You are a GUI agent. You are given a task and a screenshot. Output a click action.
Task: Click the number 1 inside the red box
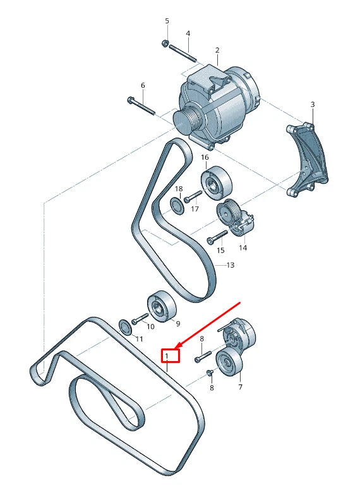[x=167, y=356]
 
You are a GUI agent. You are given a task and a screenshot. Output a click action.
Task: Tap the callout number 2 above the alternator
[x=217, y=50]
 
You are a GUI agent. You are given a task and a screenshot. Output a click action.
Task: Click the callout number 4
[x=188, y=33]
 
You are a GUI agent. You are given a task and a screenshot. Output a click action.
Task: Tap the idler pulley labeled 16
[x=216, y=181]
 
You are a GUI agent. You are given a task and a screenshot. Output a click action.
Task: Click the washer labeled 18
[x=177, y=205]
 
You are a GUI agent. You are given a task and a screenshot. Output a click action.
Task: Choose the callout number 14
[x=243, y=248]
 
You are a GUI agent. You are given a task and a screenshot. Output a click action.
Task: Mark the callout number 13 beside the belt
[x=230, y=265]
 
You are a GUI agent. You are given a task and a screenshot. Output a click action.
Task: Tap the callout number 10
[x=150, y=326]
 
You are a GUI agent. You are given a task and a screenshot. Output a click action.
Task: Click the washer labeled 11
[x=125, y=326]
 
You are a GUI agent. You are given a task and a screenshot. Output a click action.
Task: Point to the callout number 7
[x=240, y=387]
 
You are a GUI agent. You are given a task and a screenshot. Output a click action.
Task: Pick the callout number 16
[x=205, y=157]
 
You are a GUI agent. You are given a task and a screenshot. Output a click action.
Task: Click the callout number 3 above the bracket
[x=312, y=104]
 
